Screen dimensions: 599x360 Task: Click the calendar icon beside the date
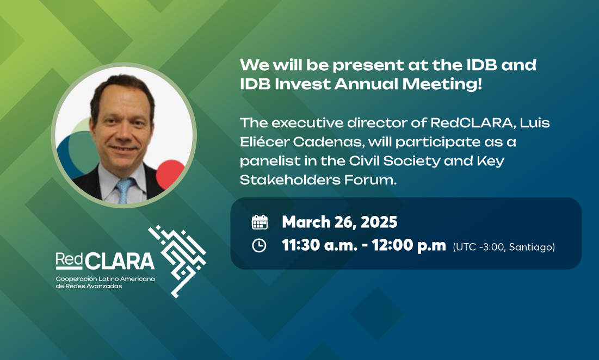point(260,222)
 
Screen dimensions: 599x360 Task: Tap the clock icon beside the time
point(259,245)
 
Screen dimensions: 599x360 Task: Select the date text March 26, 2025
point(339,222)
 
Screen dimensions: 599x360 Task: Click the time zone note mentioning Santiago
point(504,247)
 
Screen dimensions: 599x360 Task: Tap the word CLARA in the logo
point(120,261)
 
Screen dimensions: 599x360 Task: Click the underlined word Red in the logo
point(69,259)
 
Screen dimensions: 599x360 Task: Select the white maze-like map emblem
point(177,261)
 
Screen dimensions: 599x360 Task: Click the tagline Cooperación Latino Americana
point(106,278)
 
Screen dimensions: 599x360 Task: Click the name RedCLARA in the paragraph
point(471,123)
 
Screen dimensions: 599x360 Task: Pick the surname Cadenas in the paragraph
point(329,142)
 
